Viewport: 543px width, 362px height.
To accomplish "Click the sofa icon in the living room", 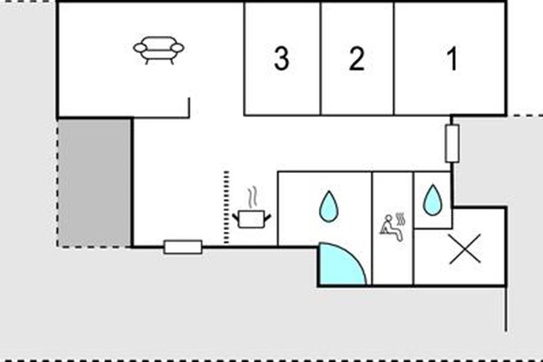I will pyautogui.click(x=159, y=49).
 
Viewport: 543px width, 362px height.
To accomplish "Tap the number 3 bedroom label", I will pyautogui.click(x=281, y=59).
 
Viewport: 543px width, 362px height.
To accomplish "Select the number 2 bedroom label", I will pyautogui.click(x=357, y=59).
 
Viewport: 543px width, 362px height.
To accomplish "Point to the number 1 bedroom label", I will pyautogui.click(x=452, y=59).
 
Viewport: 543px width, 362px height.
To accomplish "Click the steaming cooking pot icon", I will pyautogui.click(x=252, y=219).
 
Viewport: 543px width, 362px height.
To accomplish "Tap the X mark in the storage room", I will pyautogui.click(x=465, y=249).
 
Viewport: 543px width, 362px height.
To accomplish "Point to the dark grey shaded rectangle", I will pyautogui.click(x=95, y=183).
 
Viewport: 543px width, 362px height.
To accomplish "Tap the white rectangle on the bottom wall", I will pyautogui.click(x=183, y=247).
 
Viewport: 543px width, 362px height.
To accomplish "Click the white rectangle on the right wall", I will pyautogui.click(x=452, y=143).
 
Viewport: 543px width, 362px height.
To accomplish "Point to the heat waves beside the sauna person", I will pyautogui.click(x=400, y=219).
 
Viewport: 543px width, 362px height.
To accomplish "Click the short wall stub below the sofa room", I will pyautogui.click(x=189, y=107).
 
